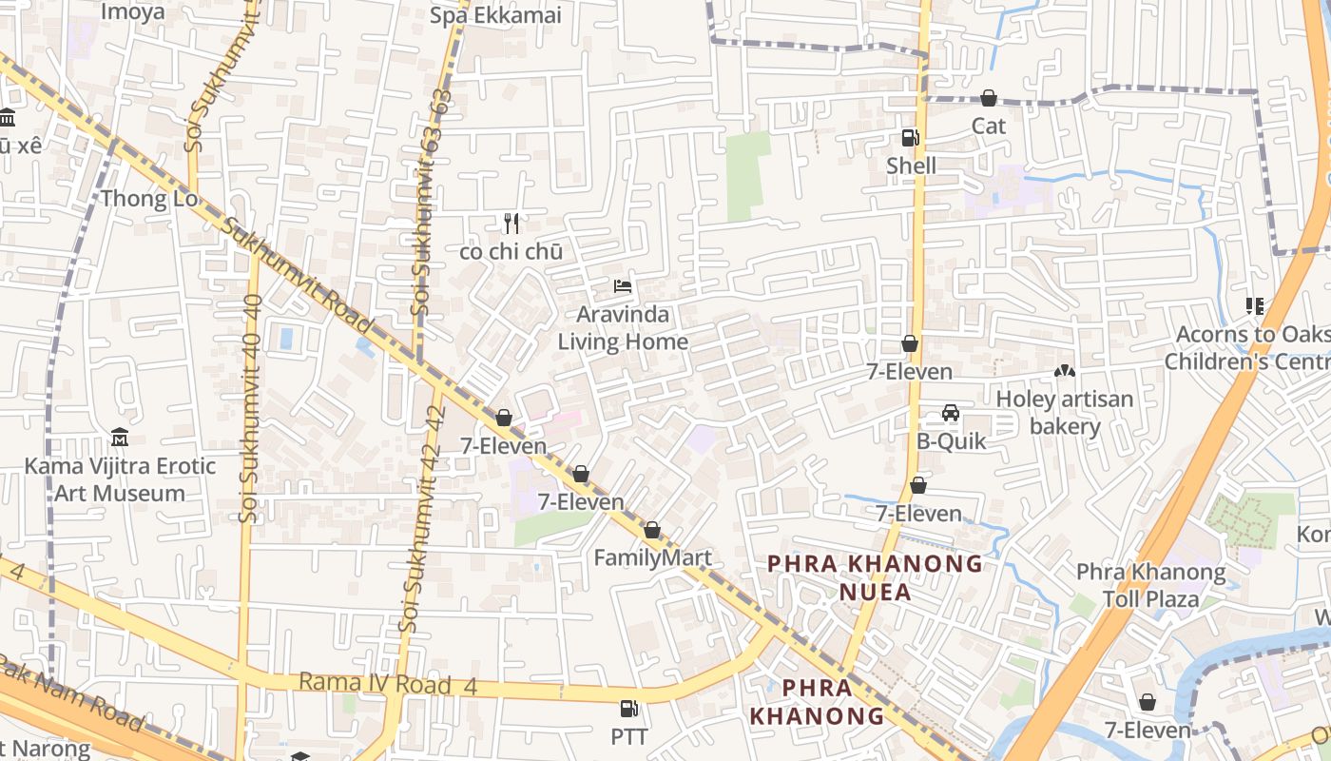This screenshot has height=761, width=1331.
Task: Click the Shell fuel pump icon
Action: [x=910, y=138]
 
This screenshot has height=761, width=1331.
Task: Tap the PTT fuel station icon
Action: [x=628, y=709]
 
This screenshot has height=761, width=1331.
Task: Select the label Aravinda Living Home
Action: [x=623, y=328]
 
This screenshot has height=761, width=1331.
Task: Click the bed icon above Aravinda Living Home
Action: [x=623, y=285]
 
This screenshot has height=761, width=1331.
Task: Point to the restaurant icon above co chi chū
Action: [x=511, y=224]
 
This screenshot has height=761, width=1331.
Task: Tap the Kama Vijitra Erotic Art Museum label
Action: [x=120, y=479]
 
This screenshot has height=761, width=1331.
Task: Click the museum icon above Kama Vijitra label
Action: [x=120, y=438]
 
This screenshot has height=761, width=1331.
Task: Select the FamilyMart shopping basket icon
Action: [x=652, y=530]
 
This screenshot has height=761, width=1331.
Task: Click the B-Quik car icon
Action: [x=950, y=413]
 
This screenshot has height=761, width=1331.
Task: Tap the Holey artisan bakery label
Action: [x=1065, y=412]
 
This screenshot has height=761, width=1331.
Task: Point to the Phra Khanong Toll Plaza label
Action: [x=1150, y=585]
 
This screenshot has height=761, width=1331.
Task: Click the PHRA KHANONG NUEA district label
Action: [x=875, y=577]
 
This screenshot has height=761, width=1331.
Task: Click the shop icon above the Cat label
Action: [x=989, y=98]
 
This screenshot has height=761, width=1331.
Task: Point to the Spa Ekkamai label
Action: [x=495, y=15]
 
